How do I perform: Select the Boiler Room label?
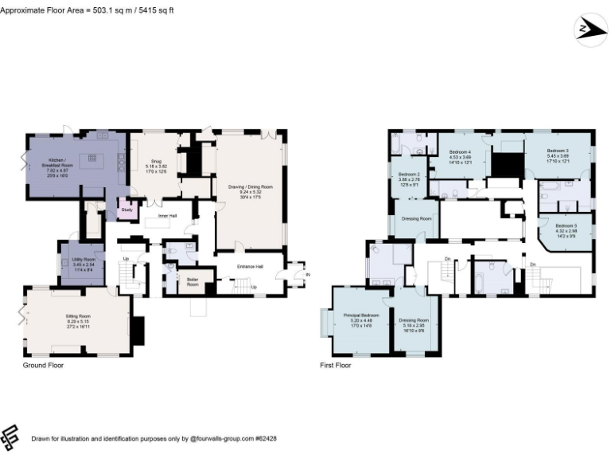(x=193, y=280)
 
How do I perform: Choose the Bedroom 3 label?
(x=558, y=151)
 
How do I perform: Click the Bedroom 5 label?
(x=566, y=226)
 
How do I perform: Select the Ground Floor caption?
(x=43, y=366)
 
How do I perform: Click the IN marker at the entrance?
(x=308, y=275)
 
